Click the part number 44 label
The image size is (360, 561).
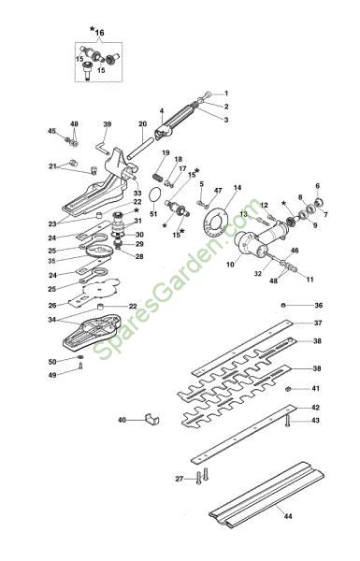[288, 516]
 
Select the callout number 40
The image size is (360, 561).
[122, 420]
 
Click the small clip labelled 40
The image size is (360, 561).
[151, 419]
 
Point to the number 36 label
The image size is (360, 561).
[319, 305]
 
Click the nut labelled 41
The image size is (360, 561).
[287, 389]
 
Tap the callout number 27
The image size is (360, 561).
[180, 479]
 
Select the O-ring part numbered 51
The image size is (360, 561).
[154, 195]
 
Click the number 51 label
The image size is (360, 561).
[153, 214]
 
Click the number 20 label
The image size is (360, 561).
[142, 124]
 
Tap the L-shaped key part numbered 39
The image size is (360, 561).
[102, 147]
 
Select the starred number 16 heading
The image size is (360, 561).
[97, 32]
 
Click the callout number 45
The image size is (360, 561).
[51, 131]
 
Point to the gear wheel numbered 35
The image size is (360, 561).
[99, 251]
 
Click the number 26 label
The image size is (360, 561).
[52, 306]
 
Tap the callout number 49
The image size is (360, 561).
[52, 375]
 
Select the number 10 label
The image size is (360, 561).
[230, 265]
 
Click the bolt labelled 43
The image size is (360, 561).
[287, 422]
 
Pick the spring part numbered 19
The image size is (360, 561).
[157, 177]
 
